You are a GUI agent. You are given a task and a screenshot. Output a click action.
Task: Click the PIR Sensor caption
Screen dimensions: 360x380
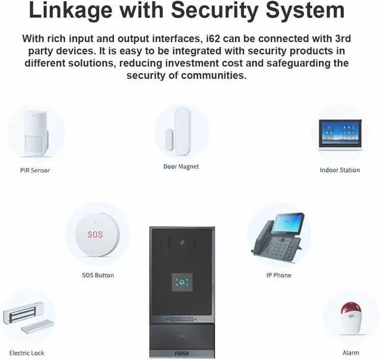35,170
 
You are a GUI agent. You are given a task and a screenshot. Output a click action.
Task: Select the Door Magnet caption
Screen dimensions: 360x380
181,167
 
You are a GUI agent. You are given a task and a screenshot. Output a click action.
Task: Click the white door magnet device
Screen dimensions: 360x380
178,131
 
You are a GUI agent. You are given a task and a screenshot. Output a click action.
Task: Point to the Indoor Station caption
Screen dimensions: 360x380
340,170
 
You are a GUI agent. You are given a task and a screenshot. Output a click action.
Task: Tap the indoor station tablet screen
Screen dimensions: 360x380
340,134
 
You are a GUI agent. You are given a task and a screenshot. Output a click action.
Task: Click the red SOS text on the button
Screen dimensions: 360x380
95,235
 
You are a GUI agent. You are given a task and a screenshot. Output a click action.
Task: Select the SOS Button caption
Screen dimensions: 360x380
98,276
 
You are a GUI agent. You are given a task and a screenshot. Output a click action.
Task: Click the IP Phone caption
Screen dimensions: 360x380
278,276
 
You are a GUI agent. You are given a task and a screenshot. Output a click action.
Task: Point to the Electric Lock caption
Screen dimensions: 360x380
27,353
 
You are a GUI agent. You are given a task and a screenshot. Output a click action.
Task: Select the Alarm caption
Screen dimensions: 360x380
351,353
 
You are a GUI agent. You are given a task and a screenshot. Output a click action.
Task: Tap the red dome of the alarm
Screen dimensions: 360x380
349,311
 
